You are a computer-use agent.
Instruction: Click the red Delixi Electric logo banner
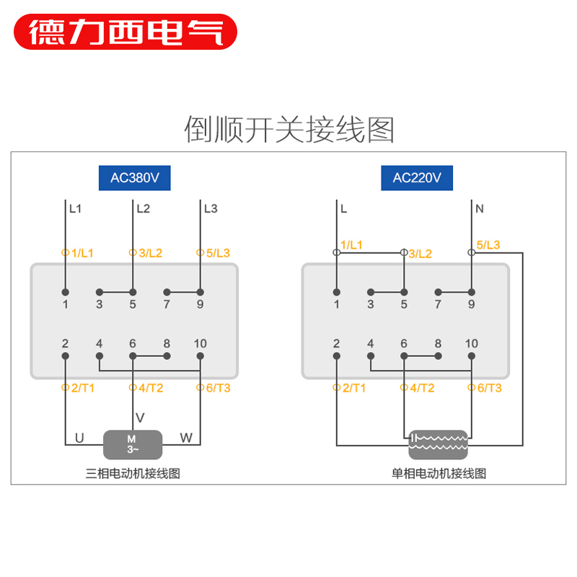click(x=125, y=31)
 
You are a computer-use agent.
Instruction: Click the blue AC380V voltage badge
click(x=134, y=178)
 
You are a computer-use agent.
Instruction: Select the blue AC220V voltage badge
click(x=417, y=178)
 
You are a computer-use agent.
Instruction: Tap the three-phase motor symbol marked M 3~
click(x=132, y=444)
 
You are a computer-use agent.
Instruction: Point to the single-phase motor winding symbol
click(x=438, y=444)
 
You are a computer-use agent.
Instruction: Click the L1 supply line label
click(x=75, y=209)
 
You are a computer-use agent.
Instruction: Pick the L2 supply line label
click(x=143, y=209)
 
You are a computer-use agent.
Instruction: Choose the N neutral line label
click(x=480, y=209)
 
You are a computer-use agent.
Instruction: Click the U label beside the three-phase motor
click(x=79, y=438)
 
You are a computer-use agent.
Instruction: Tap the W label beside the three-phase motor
click(x=186, y=438)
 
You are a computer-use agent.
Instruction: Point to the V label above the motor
click(x=141, y=418)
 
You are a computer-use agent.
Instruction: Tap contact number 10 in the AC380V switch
click(x=200, y=344)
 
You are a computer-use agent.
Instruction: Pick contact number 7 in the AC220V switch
click(x=438, y=304)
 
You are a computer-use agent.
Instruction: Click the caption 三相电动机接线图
click(x=133, y=474)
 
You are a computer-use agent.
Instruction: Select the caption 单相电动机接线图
click(x=439, y=474)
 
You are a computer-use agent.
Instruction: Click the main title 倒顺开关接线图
click(x=289, y=130)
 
